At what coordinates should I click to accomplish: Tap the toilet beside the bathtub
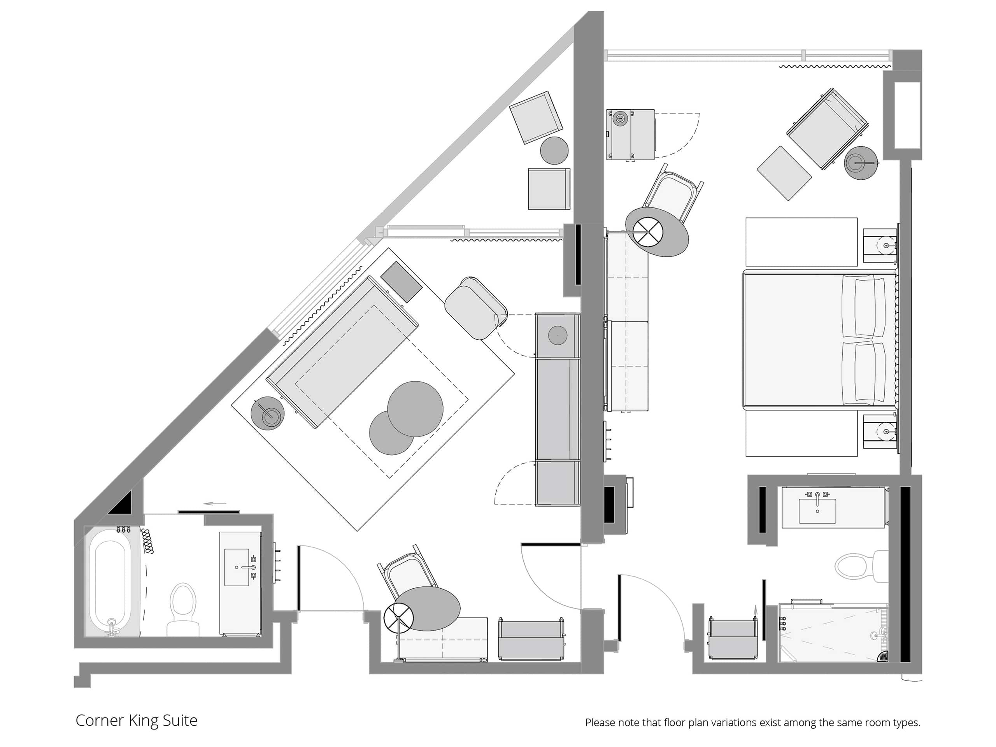[x=183, y=610]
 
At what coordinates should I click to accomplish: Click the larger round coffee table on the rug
[x=415, y=409]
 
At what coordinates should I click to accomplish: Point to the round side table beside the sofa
[x=268, y=413]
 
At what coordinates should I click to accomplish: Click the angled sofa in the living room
[x=342, y=352]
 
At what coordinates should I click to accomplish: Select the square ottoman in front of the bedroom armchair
[x=784, y=174]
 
